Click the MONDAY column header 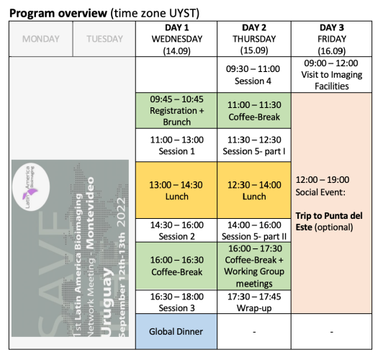[41, 39]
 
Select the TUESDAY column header [104, 39]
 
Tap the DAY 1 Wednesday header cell [176, 39]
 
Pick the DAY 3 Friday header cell [331, 39]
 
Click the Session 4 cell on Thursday [254, 75]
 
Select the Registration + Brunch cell [176, 110]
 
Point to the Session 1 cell [176, 145]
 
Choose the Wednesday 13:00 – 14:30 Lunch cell [176, 190]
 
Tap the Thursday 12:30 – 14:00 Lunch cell [254, 190]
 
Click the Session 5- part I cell [254, 145]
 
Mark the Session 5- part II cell [254, 230]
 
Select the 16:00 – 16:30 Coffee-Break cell [176, 266]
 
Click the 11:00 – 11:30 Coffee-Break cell [254, 110]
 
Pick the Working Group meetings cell [254, 266]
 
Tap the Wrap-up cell [254, 302]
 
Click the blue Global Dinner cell [176, 331]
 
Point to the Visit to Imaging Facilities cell [331, 75]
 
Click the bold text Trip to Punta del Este [329, 221]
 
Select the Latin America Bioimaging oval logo [31, 186]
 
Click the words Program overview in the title [58, 13]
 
